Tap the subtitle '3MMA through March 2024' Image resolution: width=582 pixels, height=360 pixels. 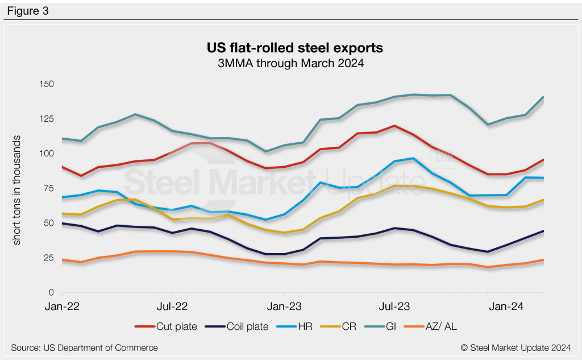click(290, 63)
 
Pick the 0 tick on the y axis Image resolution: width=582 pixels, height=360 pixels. click(51, 292)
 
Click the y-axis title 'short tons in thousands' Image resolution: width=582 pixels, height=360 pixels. click(17, 190)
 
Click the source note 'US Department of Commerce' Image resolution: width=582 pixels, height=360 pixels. click(84, 347)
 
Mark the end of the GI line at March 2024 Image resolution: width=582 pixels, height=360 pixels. click(543, 97)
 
